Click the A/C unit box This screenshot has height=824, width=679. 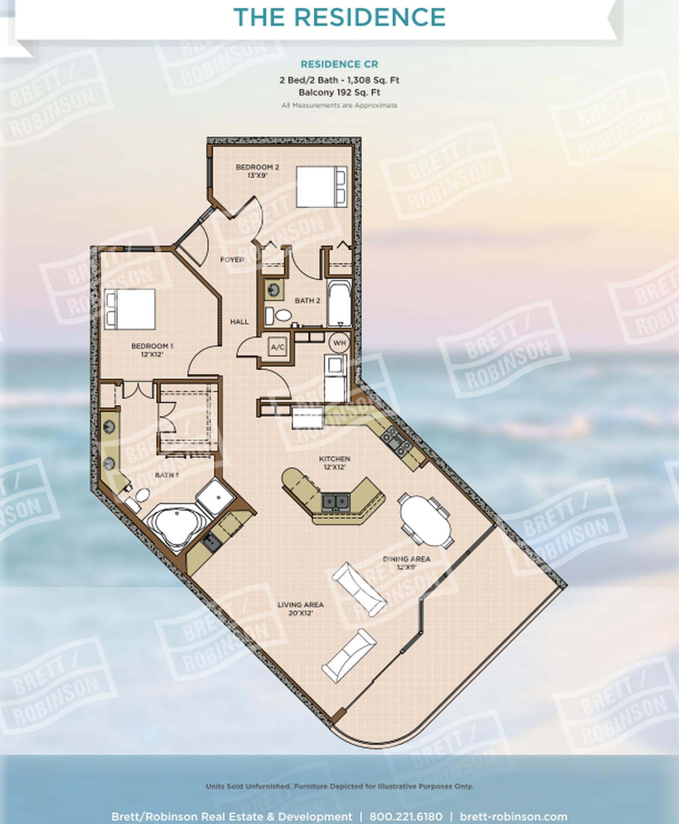(x=278, y=347)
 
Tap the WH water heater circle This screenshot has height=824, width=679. (x=339, y=343)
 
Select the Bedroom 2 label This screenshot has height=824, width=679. (x=258, y=171)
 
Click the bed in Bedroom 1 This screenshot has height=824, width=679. (x=130, y=309)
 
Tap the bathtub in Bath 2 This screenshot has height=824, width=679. (x=339, y=303)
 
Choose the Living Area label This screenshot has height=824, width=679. (x=300, y=609)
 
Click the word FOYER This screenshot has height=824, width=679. (x=232, y=260)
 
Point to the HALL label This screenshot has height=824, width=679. (x=239, y=321)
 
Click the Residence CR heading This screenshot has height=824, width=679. (x=339, y=64)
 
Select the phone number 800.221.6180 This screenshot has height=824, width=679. (x=406, y=816)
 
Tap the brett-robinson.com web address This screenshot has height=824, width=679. (x=513, y=816)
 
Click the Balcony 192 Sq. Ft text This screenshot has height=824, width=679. (x=339, y=92)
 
